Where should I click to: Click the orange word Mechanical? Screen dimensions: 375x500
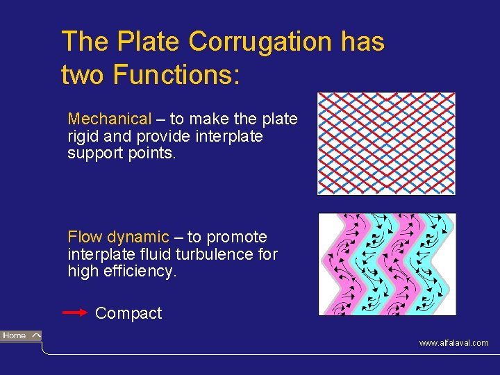click(x=109, y=119)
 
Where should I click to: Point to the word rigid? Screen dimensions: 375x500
click(x=84, y=136)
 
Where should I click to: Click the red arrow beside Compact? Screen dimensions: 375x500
click(x=76, y=313)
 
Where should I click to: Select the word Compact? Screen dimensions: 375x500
click(x=128, y=313)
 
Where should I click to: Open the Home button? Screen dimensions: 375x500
click(x=21, y=336)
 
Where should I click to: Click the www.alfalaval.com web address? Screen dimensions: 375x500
click(x=453, y=343)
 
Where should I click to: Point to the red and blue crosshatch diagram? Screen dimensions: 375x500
click(x=386, y=144)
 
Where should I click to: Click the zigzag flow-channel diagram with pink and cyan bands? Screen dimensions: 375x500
click(x=387, y=264)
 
